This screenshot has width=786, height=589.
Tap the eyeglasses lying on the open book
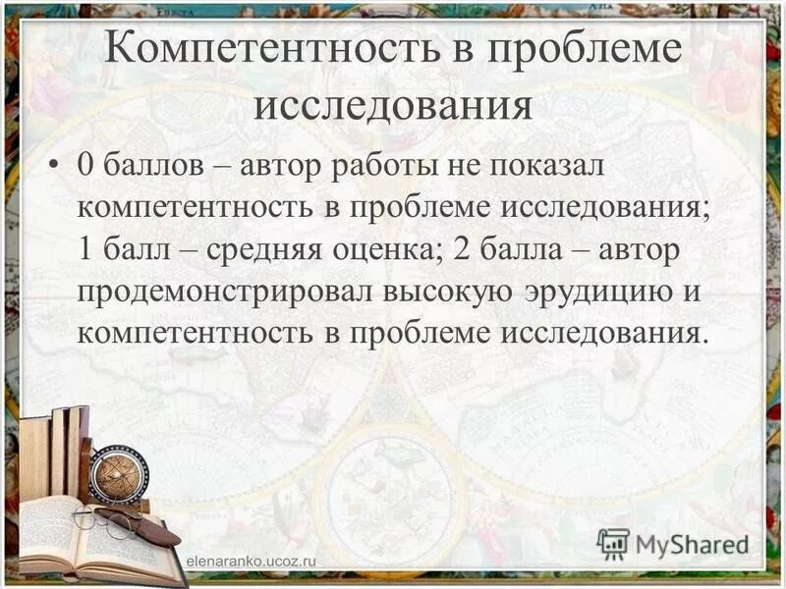tap(108, 518)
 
